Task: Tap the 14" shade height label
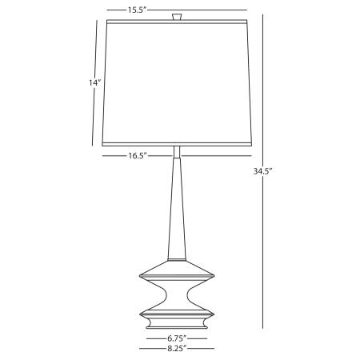94,82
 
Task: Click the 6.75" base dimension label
178,338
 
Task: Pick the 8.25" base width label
178,348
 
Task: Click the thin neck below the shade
178,151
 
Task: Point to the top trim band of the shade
178,22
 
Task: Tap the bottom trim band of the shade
178,143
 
